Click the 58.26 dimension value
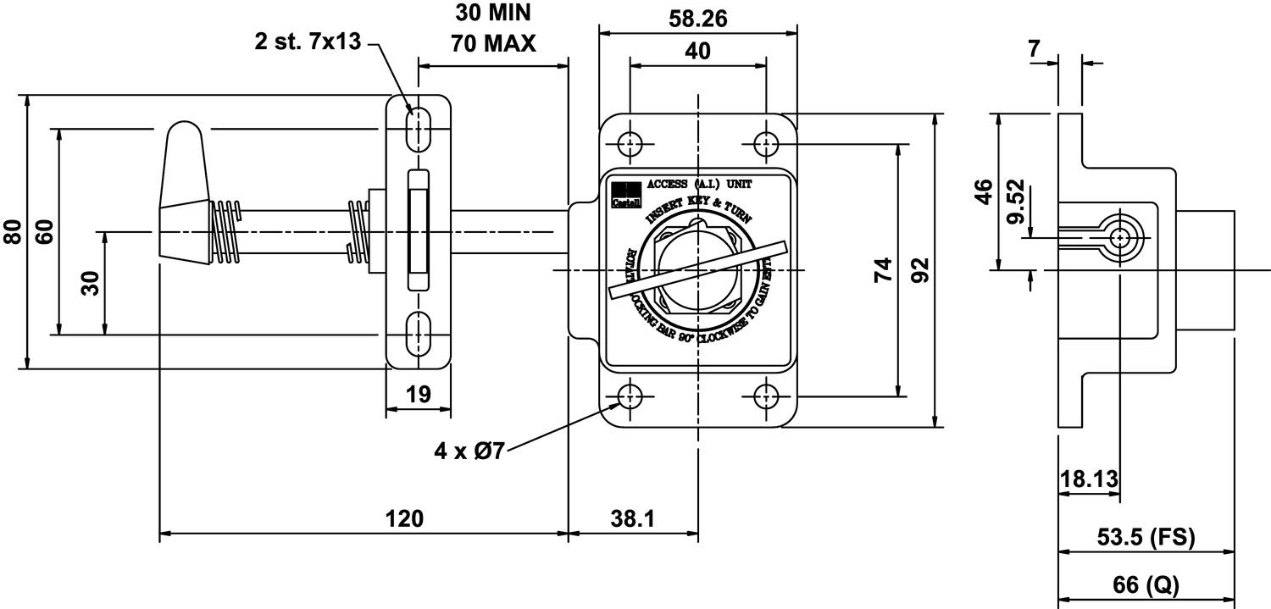point(697,18)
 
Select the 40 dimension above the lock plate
point(697,51)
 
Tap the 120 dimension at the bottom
point(405,518)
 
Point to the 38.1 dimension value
point(632,518)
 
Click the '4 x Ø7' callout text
point(469,451)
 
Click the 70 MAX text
point(493,43)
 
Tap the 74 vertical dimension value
point(883,270)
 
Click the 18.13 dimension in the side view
point(1089,480)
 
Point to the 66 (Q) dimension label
point(1146,584)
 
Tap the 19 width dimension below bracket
point(418,394)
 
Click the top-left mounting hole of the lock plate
point(629,143)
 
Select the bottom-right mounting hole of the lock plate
point(767,396)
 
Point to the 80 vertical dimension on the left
point(14,232)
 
